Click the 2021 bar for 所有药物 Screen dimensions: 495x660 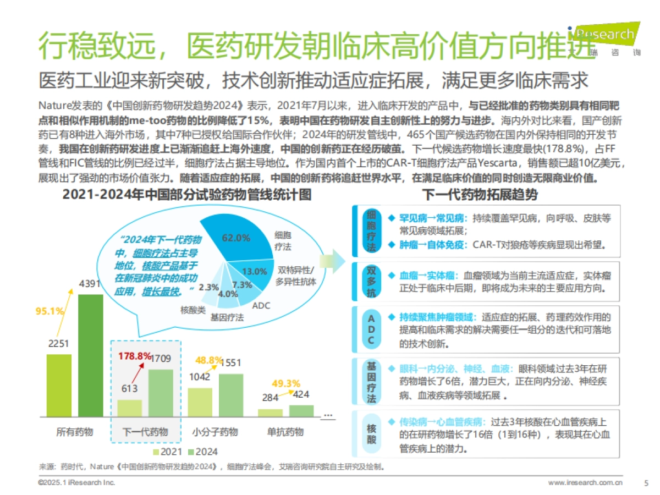coord(59,385)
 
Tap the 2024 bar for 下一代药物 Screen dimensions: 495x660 coord(161,393)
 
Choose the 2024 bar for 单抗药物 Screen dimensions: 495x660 coord(301,411)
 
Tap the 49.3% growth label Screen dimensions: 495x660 coord(285,383)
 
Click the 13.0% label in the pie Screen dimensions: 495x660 coord(255,271)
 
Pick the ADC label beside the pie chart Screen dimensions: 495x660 coord(261,305)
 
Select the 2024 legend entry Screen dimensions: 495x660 coord(202,452)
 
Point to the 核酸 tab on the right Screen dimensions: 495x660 coord(371,433)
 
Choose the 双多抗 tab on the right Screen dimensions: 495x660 coord(371,281)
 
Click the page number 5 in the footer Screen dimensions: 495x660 coord(646,482)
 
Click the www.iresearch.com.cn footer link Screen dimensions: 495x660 coord(585,482)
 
